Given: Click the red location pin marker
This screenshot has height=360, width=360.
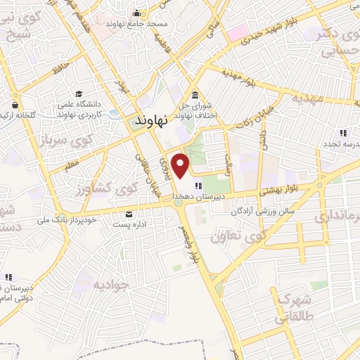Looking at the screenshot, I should pos(182,165).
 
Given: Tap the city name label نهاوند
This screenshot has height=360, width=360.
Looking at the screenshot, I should pos(149,122).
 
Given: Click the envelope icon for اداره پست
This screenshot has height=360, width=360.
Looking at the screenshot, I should pos(128,214).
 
